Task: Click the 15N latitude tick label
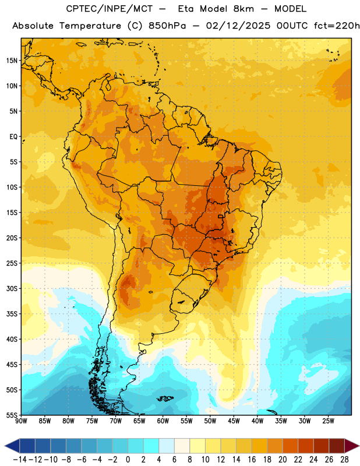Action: click(x=12, y=61)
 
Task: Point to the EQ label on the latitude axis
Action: click(x=13, y=137)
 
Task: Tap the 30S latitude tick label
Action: click(x=12, y=288)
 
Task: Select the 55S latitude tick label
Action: click(x=12, y=415)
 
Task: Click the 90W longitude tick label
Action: click(x=21, y=421)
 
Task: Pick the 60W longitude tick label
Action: click(x=163, y=421)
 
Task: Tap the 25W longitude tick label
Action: click(x=328, y=421)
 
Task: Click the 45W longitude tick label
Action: click(x=234, y=421)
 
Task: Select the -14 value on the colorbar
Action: click(x=20, y=460)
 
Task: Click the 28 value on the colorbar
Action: click(x=344, y=460)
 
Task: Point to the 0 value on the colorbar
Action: click(x=128, y=460)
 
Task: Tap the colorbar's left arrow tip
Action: click(x=5, y=446)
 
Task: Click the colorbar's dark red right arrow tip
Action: click(x=359, y=446)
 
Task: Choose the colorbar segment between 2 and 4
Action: click(x=151, y=446)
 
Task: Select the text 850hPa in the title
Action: click(x=167, y=26)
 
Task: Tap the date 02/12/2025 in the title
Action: click(x=238, y=26)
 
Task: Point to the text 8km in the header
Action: click(x=243, y=9)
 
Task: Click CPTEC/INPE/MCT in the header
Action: click(x=110, y=9)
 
